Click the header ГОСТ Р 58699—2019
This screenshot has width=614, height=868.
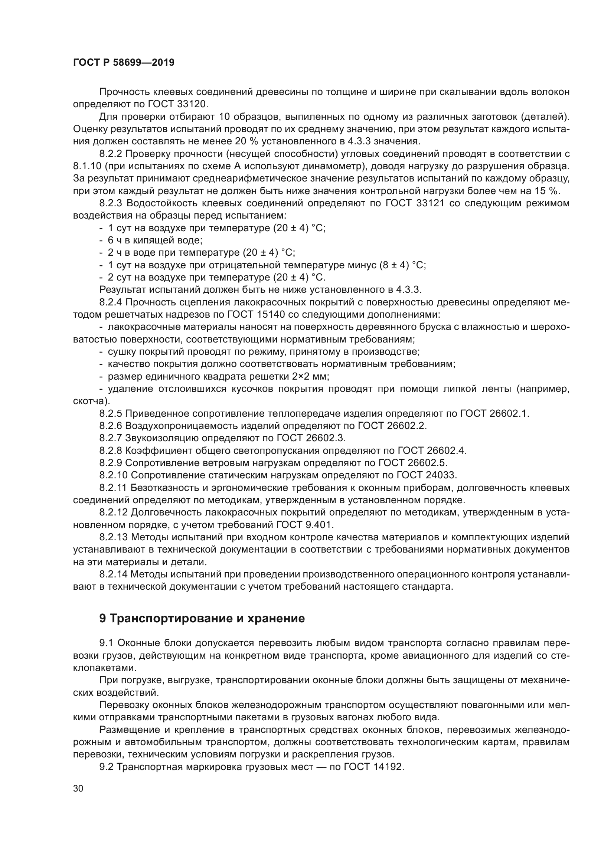point(124,63)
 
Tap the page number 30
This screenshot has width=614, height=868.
point(78,789)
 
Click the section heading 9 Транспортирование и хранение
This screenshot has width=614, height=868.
point(202,619)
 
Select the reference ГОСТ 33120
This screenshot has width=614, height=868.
point(183,104)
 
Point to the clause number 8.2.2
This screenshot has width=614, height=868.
point(110,154)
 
